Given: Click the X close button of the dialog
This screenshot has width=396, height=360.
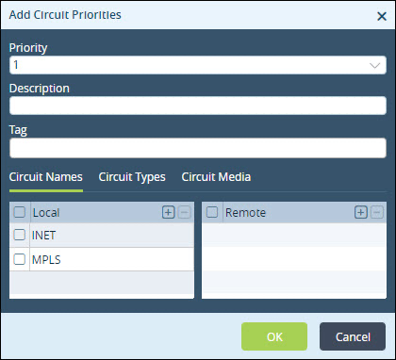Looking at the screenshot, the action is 382,16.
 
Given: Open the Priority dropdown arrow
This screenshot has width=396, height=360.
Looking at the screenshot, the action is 375,65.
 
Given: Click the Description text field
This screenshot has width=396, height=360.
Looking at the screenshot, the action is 198,106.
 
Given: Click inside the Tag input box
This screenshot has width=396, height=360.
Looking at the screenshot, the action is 198,148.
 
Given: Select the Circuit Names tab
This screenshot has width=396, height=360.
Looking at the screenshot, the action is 46,177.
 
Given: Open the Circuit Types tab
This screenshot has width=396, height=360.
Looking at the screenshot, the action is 132,177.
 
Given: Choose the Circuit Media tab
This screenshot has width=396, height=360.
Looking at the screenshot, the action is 216,177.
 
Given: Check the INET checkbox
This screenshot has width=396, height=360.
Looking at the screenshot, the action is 20,235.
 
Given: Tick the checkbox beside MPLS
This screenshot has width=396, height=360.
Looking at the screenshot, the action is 20,259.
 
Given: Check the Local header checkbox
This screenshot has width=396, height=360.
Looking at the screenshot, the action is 20,212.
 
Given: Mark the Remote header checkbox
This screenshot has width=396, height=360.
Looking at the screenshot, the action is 212,212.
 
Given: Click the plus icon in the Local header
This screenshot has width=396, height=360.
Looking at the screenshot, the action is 169,213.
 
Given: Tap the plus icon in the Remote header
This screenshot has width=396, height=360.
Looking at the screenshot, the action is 361,213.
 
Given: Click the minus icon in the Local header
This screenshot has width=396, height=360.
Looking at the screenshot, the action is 185,213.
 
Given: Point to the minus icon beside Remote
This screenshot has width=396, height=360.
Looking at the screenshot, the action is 377,213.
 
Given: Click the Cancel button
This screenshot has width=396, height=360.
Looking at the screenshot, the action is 353,336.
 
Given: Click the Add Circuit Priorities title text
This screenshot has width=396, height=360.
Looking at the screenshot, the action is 65,15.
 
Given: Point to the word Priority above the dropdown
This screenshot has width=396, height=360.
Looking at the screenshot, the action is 28,48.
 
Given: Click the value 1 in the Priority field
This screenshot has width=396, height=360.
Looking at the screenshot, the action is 16,65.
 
